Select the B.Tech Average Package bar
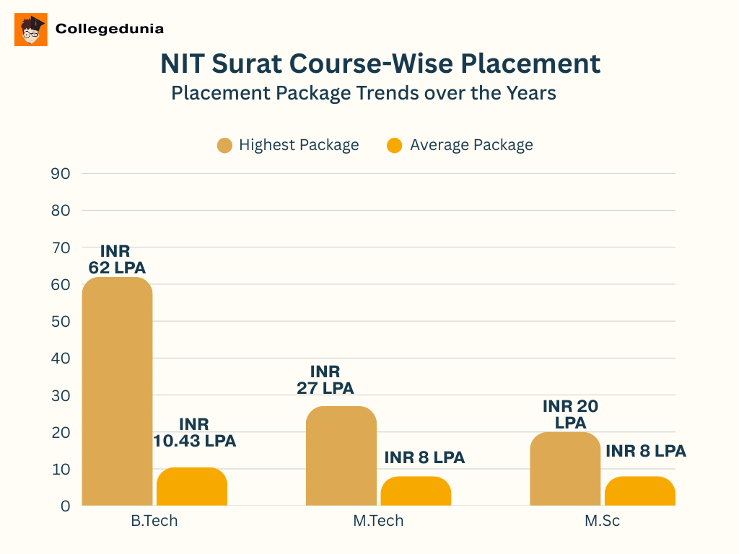(192, 487)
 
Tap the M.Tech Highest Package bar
(341, 456)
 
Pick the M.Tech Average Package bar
(416, 491)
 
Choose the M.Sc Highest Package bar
(565, 469)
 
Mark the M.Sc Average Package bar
(640, 491)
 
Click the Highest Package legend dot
(224, 145)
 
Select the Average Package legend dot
(395, 145)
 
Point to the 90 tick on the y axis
(60, 173)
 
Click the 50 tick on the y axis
(60, 322)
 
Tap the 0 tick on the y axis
(65, 506)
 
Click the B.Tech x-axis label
(154, 521)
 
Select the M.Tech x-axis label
(378, 521)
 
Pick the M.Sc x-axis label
(602, 521)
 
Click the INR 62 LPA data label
(117, 260)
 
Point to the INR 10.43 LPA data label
(194, 432)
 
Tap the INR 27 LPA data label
(325, 379)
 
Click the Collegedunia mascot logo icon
(31, 30)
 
